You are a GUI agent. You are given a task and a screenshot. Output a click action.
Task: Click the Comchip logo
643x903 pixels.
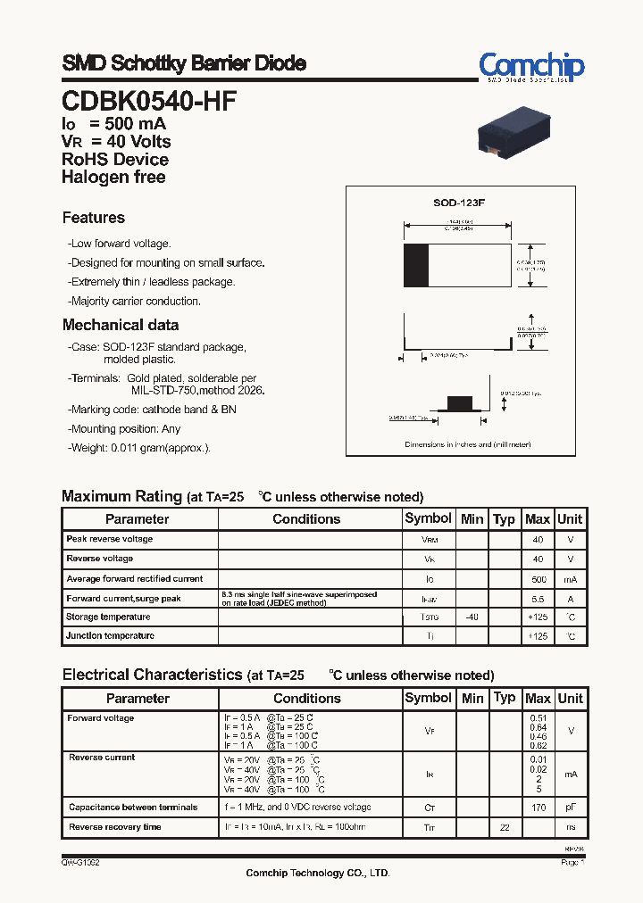click(x=531, y=66)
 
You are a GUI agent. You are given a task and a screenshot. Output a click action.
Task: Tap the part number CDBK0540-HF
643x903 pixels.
click(x=149, y=101)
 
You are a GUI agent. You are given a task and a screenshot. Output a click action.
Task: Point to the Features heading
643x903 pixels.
click(x=94, y=218)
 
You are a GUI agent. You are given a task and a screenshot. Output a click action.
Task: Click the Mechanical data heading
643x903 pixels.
click(x=121, y=326)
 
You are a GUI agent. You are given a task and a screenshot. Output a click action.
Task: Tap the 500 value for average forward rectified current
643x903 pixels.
click(x=538, y=579)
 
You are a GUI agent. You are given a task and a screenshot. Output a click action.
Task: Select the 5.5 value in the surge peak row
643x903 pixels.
click(x=538, y=599)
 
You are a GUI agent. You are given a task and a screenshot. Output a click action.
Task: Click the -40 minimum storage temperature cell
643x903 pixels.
click(x=472, y=617)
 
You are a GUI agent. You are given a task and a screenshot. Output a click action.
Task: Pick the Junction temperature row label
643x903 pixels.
click(x=110, y=636)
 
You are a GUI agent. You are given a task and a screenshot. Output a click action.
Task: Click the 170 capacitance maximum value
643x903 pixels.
click(x=538, y=808)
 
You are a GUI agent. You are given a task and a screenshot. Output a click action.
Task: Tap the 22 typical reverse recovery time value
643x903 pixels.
click(x=505, y=827)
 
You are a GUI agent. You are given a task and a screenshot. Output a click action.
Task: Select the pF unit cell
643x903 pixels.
click(x=571, y=808)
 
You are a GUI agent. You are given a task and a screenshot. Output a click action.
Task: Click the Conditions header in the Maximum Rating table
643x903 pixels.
click(x=306, y=519)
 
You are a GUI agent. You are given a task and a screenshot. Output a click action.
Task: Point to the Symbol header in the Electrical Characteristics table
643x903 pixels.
click(x=428, y=698)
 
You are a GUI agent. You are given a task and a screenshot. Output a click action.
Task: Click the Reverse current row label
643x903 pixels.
click(x=102, y=758)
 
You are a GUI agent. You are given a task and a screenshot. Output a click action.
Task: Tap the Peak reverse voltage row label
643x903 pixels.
click(x=109, y=539)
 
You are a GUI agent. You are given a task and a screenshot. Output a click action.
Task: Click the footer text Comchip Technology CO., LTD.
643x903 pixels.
click(x=318, y=874)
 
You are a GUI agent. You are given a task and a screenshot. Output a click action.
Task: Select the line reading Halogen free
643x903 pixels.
click(x=113, y=177)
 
